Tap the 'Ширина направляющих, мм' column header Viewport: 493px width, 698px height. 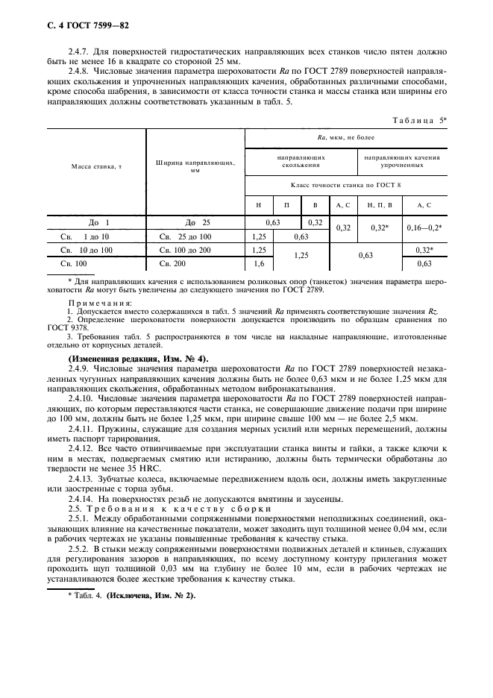[x=195, y=166]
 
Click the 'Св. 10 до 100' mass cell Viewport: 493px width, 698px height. [x=87, y=250]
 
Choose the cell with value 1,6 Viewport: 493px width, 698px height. [x=259, y=263]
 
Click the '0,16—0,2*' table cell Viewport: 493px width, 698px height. [x=424, y=228]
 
